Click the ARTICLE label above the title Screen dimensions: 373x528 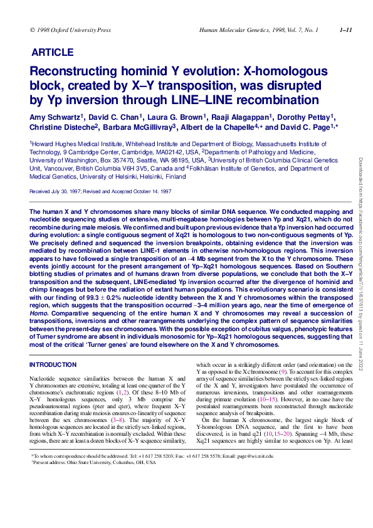(52, 53)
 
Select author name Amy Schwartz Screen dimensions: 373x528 (56, 117)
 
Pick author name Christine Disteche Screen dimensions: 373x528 (61, 127)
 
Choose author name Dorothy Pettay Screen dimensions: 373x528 (305, 117)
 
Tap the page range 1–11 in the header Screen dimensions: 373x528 (345, 30)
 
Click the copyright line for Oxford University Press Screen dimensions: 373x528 (70, 30)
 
